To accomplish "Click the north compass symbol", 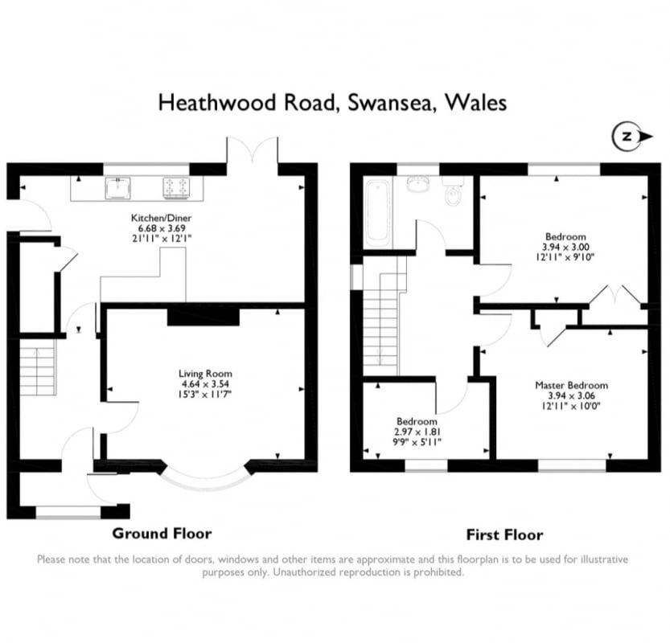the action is [632, 137].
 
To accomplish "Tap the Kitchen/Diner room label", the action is [161, 218].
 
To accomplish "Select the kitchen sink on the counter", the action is [117, 188].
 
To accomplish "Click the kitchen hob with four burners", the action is [176, 188].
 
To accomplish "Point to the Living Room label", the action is [205, 374].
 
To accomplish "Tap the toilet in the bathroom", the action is [453, 191].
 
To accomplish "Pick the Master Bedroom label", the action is [571, 386].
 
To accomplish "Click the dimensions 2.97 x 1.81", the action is [417, 432].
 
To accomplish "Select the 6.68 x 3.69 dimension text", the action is [162, 228].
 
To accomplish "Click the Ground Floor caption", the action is [162, 534].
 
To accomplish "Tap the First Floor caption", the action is [504, 535].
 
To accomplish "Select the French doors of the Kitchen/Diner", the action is [253, 149].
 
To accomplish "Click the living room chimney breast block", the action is [203, 316].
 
